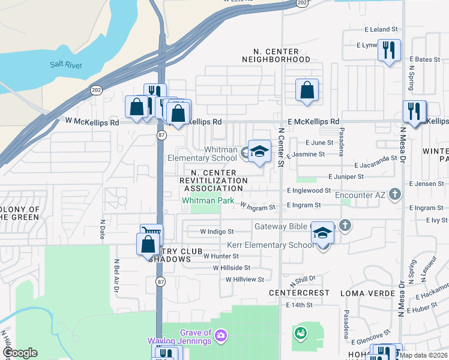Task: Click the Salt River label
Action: pyautogui.click(x=66, y=65)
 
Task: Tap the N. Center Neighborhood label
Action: pyautogui.click(x=276, y=55)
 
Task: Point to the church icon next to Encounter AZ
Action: pyautogui.click(x=394, y=194)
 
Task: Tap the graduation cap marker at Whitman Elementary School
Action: pyautogui.click(x=259, y=151)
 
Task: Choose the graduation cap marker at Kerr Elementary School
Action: pyautogui.click(x=322, y=233)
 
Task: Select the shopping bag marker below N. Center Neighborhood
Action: pyautogui.click(x=307, y=90)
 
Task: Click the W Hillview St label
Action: pyautogui.click(x=245, y=280)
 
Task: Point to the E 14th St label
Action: pyautogui.click(x=300, y=305)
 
